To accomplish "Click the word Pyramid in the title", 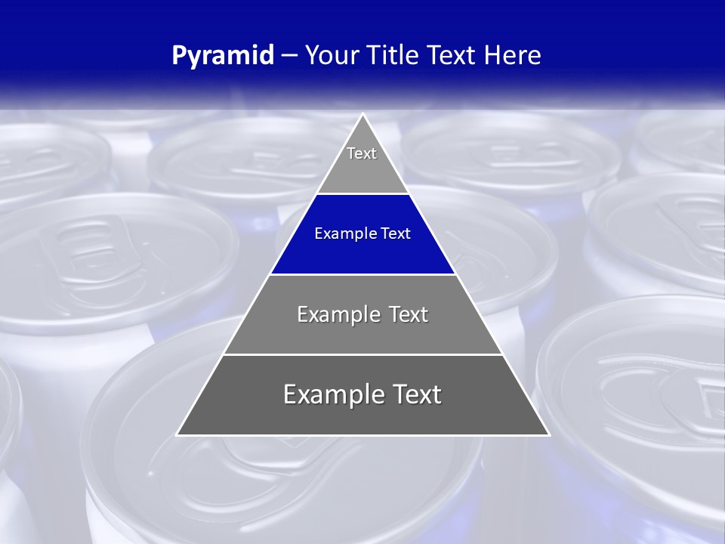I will [x=222, y=56].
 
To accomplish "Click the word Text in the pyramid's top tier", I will [x=362, y=153].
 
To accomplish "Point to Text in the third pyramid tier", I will [x=409, y=314].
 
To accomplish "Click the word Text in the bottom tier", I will [x=418, y=394].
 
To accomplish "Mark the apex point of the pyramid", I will [x=362, y=114].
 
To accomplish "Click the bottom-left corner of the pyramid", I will [x=177, y=435].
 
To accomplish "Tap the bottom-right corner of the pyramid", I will [x=549, y=435].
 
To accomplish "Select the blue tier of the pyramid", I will [x=362, y=253].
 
